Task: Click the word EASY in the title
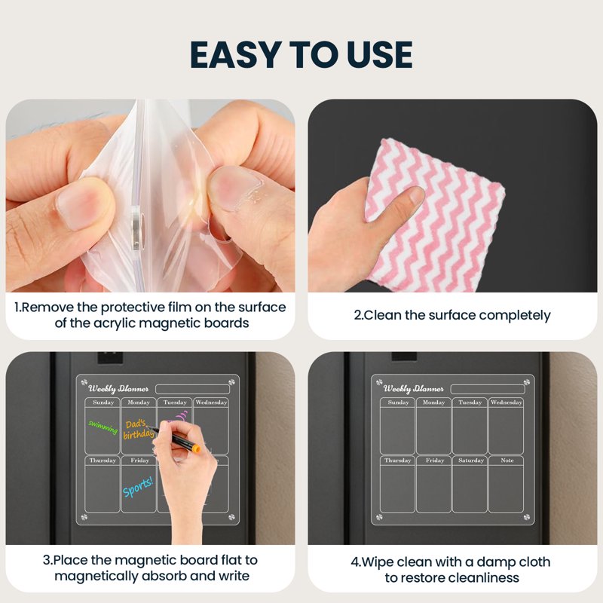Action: tap(234, 54)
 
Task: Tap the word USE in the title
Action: tap(380, 54)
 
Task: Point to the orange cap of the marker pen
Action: tap(196, 448)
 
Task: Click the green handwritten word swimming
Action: tap(103, 427)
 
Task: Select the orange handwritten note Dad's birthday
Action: tap(138, 430)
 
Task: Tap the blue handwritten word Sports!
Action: tap(138, 487)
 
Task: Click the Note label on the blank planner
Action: tap(507, 461)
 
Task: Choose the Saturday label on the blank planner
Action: tap(470, 461)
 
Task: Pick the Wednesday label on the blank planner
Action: tap(506, 403)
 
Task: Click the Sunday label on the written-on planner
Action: tap(103, 403)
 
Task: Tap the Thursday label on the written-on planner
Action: tap(103, 461)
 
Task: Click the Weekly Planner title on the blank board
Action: tap(413, 389)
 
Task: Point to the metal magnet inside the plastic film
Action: tap(137, 227)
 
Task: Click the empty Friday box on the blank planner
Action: tap(433, 488)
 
